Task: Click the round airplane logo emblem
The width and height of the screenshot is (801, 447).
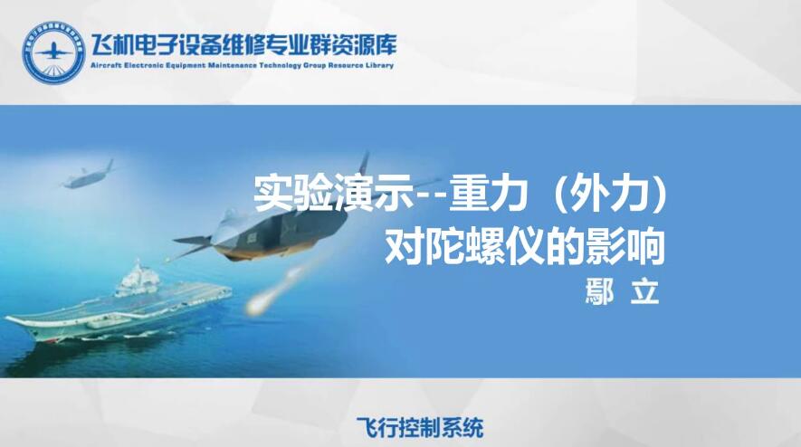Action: (53, 52)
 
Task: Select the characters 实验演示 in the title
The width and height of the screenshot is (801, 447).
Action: (333, 194)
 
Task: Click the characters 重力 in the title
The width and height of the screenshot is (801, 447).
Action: (489, 194)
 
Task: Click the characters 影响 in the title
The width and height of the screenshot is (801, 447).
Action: (625, 246)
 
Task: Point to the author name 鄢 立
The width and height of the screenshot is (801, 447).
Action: (622, 292)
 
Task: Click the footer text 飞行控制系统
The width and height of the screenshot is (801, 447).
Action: (420, 427)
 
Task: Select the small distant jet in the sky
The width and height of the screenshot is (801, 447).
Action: (88, 176)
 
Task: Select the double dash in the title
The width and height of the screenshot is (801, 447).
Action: (430, 195)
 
